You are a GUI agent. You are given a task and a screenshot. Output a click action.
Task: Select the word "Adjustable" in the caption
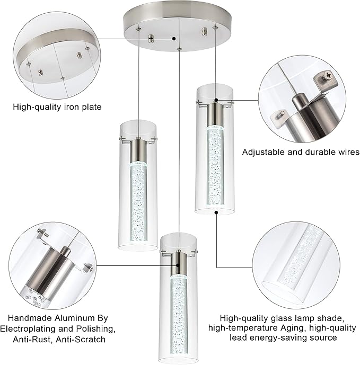point(264,152)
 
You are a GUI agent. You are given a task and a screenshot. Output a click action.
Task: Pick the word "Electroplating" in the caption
point(29,328)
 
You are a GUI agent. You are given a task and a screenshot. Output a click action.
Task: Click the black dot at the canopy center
point(175,38)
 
